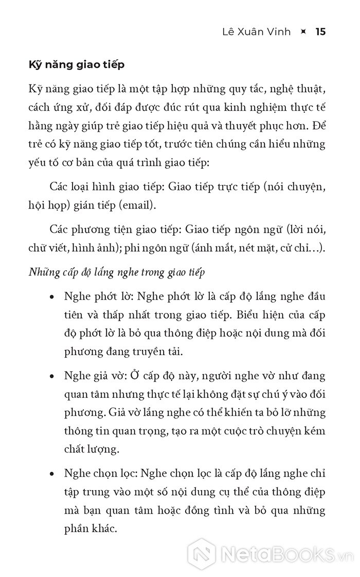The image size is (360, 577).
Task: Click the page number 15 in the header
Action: pos(320,32)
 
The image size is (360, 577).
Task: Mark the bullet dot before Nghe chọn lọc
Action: pos(52,473)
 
